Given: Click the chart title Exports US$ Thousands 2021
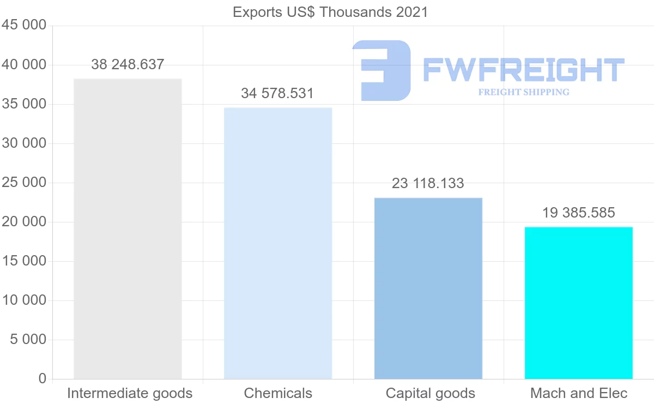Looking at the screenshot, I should tap(330, 12).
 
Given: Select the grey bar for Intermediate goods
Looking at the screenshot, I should tap(128, 229).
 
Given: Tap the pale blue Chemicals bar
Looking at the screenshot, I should tap(278, 243).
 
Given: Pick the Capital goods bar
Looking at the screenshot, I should tap(428, 288).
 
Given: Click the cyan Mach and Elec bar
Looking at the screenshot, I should tap(578, 303).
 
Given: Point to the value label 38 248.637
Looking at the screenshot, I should tap(128, 64).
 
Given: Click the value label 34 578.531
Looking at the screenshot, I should tap(277, 93).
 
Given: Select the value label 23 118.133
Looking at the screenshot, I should tap(428, 183).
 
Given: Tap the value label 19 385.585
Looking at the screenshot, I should tap(578, 213).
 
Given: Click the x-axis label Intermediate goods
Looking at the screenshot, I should tap(130, 393).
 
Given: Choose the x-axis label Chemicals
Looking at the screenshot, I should tap(278, 393).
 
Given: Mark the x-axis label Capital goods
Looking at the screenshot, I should tap(430, 393).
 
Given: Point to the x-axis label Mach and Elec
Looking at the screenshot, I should tap(579, 393).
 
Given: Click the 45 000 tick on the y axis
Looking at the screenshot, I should tap(23, 26).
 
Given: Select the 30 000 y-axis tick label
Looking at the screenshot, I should tap(23, 143).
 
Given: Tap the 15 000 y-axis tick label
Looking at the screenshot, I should tap(23, 261).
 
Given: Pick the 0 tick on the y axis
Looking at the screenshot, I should tap(43, 379).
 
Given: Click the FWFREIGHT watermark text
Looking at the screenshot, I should tap(523, 70).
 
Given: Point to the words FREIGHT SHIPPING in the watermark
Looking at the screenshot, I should tap(524, 92).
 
